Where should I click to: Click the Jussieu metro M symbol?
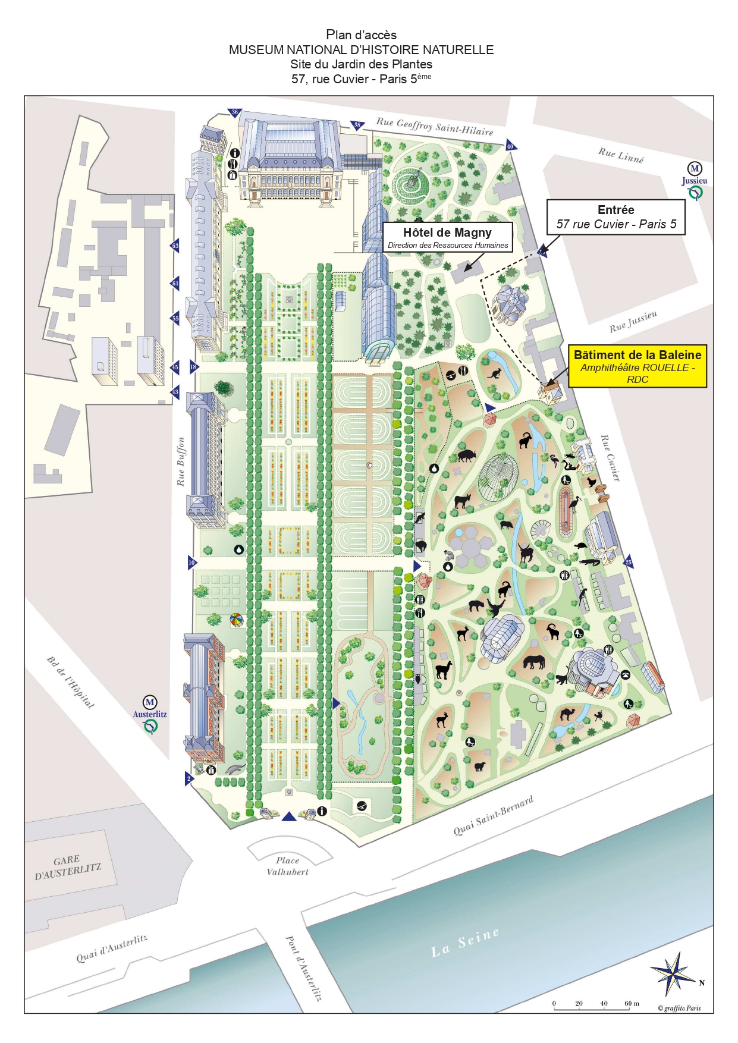pyautogui.click(x=695, y=168)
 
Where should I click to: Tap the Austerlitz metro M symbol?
pyautogui.click(x=150, y=702)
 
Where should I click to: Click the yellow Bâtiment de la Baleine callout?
pyautogui.click(x=637, y=366)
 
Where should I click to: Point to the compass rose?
pyautogui.click(x=674, y=974)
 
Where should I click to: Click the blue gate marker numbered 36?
pyautogui.click(x=235, y=112)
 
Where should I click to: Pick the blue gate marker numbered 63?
pyautogui.click(x=175, y=246)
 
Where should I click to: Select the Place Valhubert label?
pyautogui.click(x=288, y=866)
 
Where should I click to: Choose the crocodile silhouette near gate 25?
pyautogui.click(x=591, y=562)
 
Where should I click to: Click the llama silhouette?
pyautogui.click(x=443, y=670)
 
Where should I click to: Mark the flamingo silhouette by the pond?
pyautogui.click(x=554, y=460)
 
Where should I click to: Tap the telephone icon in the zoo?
pyautogui.click(x=626, y=674)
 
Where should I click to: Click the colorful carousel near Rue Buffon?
pyautogui.click(x=236, y=620)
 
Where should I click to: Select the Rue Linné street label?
pyautogui.click(x=621, y=155)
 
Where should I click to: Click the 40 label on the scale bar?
pyautogui.click(x=604, y=1003)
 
